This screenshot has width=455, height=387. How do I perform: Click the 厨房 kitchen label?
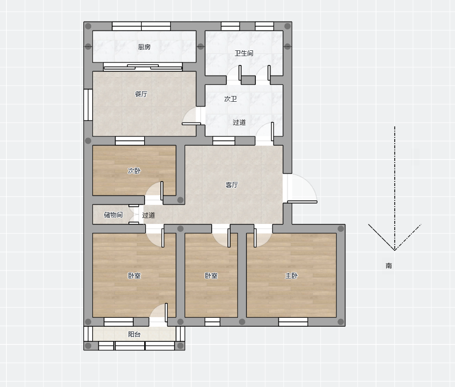(x=144, y=47)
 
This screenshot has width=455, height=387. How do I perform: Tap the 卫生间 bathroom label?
(x=244, y=53)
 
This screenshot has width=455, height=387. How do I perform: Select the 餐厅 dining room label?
(x=141, y=94)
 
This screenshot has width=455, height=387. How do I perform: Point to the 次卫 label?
(x=231, y=99)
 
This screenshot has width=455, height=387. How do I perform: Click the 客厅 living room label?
(x=232, y=185)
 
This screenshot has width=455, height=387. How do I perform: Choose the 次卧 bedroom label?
(x=134, y=171)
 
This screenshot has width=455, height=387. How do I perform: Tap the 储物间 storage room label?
(x=113, y=215)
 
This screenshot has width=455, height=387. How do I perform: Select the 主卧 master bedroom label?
(x=291, y=275)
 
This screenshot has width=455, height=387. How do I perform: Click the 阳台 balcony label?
(x=134, y=335)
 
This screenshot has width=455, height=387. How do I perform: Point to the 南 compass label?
(x=389, y=266)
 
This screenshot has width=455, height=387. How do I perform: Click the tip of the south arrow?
(x=395, y=250)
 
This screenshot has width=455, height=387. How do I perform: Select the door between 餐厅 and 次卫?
(x=191, y=116)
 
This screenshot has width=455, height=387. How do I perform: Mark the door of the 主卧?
(x=263, y=237)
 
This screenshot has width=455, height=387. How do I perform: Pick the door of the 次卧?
(x=154, y=191)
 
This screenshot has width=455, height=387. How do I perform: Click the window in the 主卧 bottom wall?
(x=293, y=321)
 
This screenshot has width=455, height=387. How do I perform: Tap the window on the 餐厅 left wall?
(x=88, y=104)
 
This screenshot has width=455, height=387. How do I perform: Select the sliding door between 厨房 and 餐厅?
(x=143, y=67)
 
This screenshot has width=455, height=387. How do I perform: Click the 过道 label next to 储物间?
(x=148, y=215)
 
